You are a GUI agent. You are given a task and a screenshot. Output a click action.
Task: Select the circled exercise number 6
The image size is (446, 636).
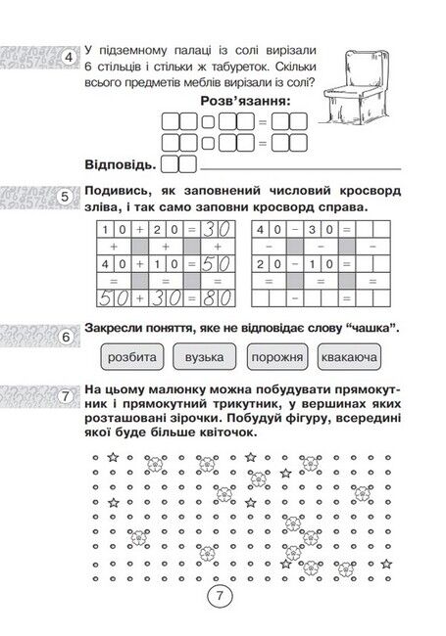(x=66, y=338)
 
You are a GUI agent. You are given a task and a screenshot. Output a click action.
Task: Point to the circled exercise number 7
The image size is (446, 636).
(x=66, y=395)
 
